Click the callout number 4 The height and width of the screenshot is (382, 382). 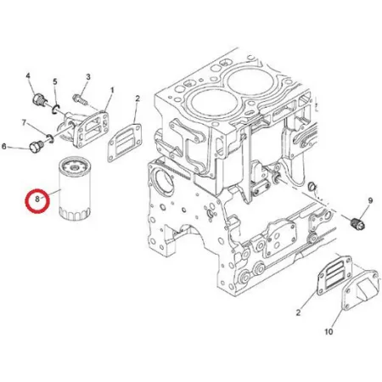(28, 76)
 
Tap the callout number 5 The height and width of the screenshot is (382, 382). (55, 81)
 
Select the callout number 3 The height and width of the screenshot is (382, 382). (88, 76)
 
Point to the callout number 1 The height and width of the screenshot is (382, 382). (112, 90)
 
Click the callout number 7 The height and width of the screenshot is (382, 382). (24, 122)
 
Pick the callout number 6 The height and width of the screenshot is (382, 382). (4, 146)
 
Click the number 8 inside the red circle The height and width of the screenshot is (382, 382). (37, 199)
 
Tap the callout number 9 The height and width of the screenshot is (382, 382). (370, 200)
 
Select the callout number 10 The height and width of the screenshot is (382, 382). (329, 331)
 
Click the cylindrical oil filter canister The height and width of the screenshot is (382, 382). (75, 189)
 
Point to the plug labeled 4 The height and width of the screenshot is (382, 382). (38, 100)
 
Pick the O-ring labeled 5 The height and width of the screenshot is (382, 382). (55, 110)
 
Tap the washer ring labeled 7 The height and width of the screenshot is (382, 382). (50, 138)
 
